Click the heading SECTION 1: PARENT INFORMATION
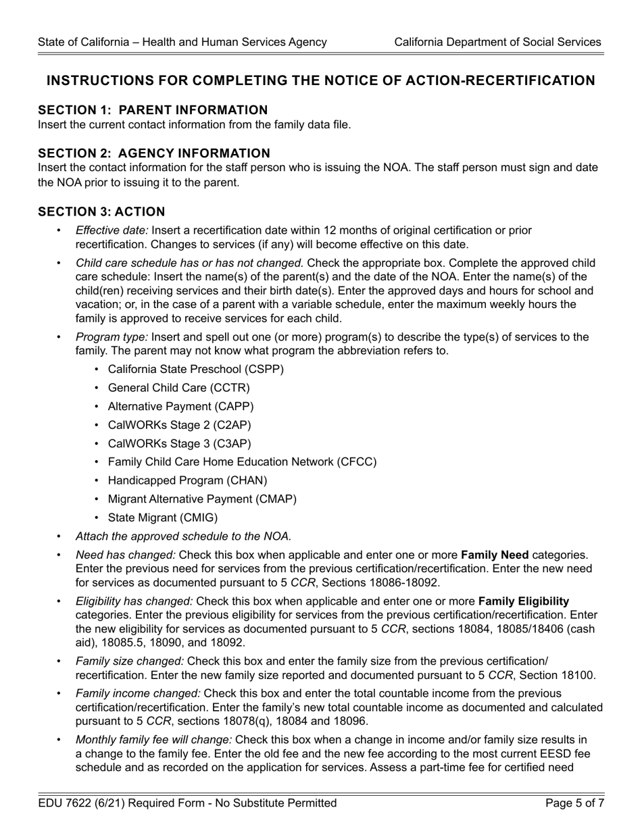click(153, 110)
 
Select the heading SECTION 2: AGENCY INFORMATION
click(154, 153)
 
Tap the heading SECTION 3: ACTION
click(101, 212)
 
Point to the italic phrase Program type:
click(112, 337)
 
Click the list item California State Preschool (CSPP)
click(196, 370)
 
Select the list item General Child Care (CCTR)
click(178, 388)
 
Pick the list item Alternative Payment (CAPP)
click(180, 407)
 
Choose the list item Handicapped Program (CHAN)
click(187, 480)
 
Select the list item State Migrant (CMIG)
click(163, 518)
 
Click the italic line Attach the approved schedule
click(183, 536)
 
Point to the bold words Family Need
click(495, 555)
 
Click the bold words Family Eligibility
click(524, 601)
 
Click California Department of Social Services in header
click(497, 42)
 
